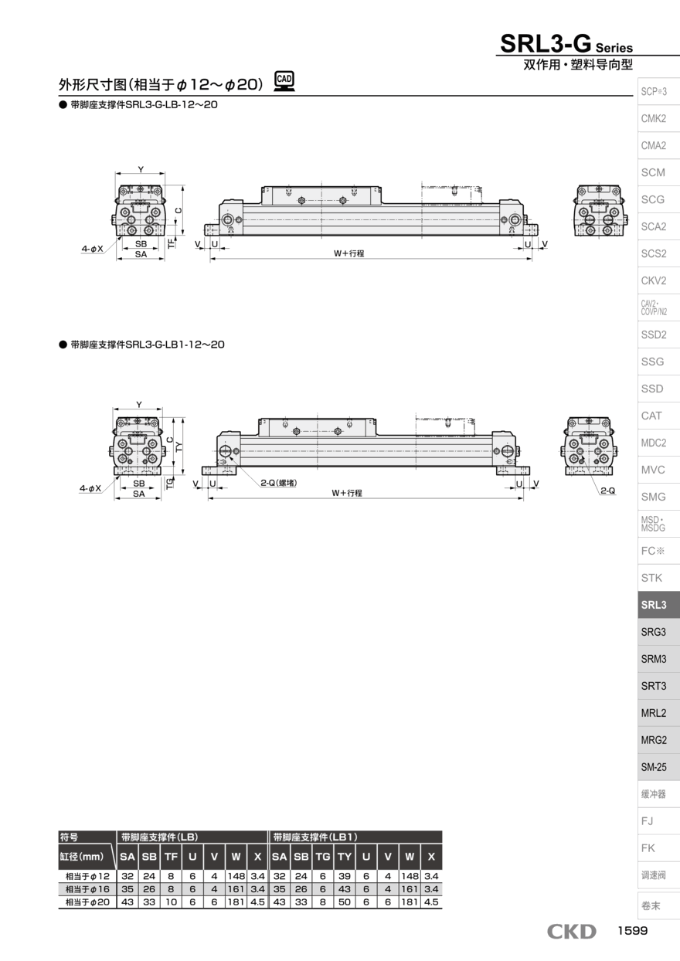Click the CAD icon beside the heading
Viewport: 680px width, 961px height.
[x=284, y=80]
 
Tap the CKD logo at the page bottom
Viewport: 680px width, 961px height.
[x=572, y=932]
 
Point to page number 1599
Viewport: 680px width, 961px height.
[x=632, y=931]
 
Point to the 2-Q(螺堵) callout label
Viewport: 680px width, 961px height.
[x=279, y=483]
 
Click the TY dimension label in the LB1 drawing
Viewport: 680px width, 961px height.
[x=179, y=447]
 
